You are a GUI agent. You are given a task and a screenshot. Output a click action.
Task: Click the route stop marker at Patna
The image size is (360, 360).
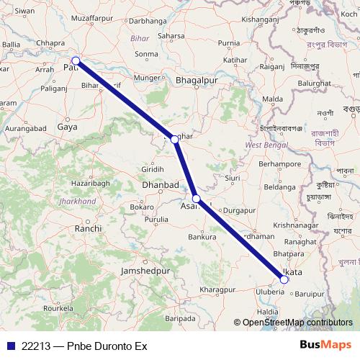pyautogui.click(x=76, y=61)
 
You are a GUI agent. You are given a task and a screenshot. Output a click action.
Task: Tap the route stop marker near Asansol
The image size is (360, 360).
pyautogui.click(x=197, y=199)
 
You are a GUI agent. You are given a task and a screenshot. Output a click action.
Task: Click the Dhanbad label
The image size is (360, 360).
pyautogui.click(x=160, y=185)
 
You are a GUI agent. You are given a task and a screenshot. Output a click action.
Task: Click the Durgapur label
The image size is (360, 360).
pyautogui.click(x=240, y=210)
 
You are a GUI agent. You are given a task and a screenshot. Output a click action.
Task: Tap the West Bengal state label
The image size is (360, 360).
pyautogui.click(x=262, y=145)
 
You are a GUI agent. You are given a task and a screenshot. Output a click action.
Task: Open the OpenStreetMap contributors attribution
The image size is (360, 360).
pyautogui.click(x=297, y=323)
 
